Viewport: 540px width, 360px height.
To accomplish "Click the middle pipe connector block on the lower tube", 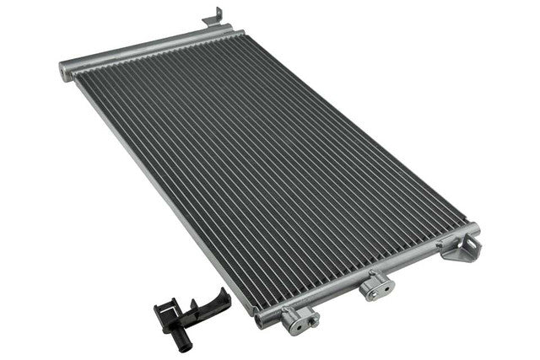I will tap(376, 286).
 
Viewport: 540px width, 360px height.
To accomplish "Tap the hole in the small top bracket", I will tap(216, 15).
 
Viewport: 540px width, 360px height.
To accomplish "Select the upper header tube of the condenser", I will tap(143, 50).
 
